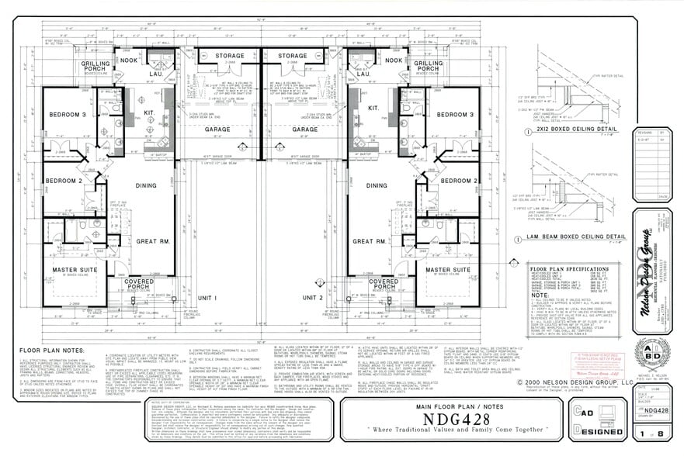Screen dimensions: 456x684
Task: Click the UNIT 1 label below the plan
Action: [207, 298]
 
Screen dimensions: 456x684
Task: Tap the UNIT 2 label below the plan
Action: [312, 298]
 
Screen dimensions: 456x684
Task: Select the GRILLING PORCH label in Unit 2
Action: [428, 67]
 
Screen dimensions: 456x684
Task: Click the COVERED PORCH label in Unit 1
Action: [139, 284]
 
